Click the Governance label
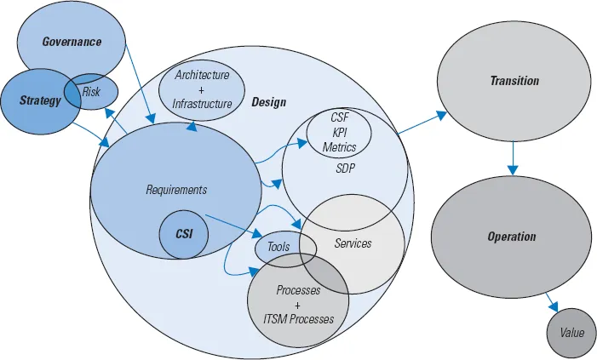72,42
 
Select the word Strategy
40,101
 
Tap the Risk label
92,91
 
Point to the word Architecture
202,75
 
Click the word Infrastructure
202,104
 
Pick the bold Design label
269,102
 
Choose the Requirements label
176,190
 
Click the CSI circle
184,233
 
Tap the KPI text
339,133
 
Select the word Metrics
339,147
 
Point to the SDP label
345,168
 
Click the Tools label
278,247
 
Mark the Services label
353,244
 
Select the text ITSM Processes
298,319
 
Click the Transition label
514,81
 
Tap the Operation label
512,237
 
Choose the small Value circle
572,333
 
